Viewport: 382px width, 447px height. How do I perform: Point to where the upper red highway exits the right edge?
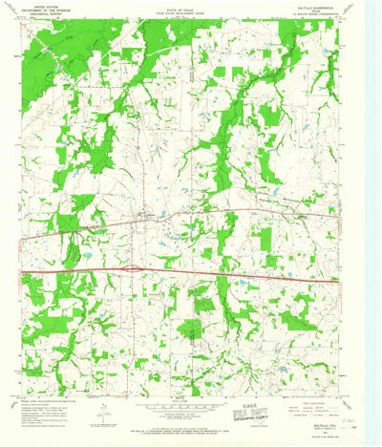point(341,216)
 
